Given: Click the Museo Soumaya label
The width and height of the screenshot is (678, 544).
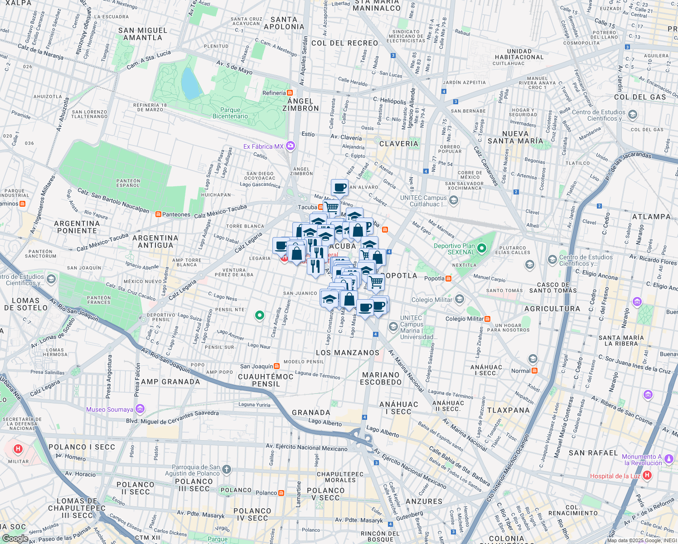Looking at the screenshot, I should tap(110, 409).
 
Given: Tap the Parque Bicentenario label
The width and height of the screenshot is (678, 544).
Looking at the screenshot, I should tap(230, 113).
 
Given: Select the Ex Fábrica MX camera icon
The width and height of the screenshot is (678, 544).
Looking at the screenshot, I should tap(291, 146).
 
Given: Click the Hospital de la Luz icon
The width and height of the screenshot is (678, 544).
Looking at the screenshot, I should tap(647, 476).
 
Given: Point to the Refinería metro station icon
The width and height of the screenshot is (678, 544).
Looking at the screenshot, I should tap(290, 93).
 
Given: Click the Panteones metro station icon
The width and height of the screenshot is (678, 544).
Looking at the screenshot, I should tap(158, 214).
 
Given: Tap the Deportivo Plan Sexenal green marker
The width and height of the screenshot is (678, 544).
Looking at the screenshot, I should tap(482, 248).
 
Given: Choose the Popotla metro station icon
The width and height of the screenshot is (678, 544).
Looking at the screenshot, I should tap(448, 278).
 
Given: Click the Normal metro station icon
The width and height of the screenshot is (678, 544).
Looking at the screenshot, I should tap(534, 370).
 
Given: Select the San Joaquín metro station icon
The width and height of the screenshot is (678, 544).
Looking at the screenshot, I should tap(277, 366).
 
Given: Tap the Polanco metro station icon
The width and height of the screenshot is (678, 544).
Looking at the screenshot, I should tap(281, 493).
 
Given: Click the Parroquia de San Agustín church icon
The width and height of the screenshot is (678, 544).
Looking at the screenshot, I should tap(227, 470).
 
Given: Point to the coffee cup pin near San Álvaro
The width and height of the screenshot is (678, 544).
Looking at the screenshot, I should tap(339, 187).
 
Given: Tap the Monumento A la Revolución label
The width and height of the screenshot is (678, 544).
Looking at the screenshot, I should tap(642, 460).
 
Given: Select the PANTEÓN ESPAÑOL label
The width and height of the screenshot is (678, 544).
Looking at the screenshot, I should tap(128, 183).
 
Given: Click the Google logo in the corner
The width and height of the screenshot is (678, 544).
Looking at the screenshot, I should tap(15, 539).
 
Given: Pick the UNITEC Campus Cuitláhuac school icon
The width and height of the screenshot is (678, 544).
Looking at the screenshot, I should tap(454, 199).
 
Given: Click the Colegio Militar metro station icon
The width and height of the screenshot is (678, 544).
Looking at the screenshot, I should tap(487, 319).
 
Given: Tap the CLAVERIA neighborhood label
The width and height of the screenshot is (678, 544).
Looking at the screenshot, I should tap(399, 144).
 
